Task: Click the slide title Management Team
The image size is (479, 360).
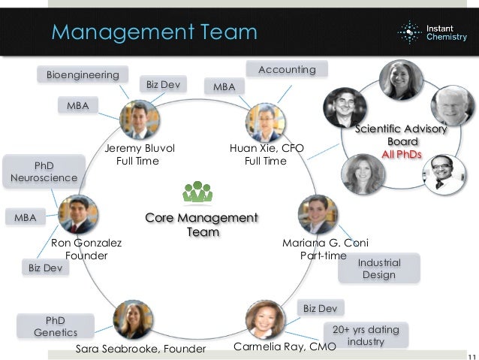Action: click(x=154, y=33)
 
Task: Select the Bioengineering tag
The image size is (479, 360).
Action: click(x=83, y=75)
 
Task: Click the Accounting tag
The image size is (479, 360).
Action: click(x=287, y=70)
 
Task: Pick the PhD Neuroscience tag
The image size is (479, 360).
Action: click(x=44, y=171)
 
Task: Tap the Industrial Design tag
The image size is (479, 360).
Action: click(x=378, y=269)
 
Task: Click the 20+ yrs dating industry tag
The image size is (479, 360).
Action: click(x=366, y=335)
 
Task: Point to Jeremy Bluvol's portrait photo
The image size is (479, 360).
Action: click(x=140, y=119)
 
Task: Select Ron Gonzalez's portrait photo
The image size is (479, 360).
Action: click(x=77, y=214)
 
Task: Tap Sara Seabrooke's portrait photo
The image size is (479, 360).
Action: click(x=133, y=319)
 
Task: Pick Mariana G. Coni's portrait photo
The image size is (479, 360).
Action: click(x=318, y=214)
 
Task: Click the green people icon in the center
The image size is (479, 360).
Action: click(x=197, y=192)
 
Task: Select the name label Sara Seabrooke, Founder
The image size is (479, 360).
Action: click(x=140, y=349)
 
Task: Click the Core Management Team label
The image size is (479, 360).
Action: click(x=201, y=225)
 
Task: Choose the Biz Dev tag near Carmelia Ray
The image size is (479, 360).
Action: click(x=319, y=307)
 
